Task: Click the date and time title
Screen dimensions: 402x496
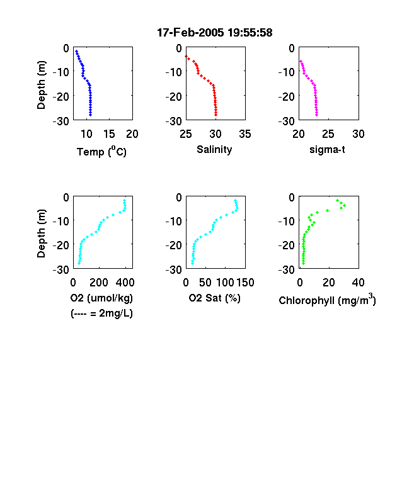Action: coord(215,33)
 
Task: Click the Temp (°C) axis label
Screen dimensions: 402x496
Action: coord(101,152)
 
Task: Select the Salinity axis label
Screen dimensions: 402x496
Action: coord(214,150)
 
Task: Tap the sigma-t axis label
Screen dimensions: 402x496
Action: coord(327,150)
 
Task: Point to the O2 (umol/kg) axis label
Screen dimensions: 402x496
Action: coord(101,298)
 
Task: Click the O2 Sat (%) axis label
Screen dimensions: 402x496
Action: coord(215,298)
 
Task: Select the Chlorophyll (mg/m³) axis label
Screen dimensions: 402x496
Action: coord(327,299)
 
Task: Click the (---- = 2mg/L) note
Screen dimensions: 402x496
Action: coord(101,313)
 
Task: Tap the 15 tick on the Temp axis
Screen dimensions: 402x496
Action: coord(109,134)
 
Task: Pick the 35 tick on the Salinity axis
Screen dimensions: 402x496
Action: coord(245,134)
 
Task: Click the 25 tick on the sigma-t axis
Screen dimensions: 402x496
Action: coord(328,134)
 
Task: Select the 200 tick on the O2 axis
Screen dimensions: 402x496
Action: coord(99,283)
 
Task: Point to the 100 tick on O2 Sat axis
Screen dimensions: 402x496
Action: coord(225,283)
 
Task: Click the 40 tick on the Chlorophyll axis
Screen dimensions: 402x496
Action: coord(358,283)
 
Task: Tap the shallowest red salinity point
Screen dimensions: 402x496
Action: coord(186,56)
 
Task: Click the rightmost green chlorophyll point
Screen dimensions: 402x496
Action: coord(345,206)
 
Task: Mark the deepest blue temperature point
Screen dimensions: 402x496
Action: coord(90,115)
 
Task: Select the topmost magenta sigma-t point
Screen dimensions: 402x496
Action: coord(301,61)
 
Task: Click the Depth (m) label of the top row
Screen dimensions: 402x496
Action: coord(42,85)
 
